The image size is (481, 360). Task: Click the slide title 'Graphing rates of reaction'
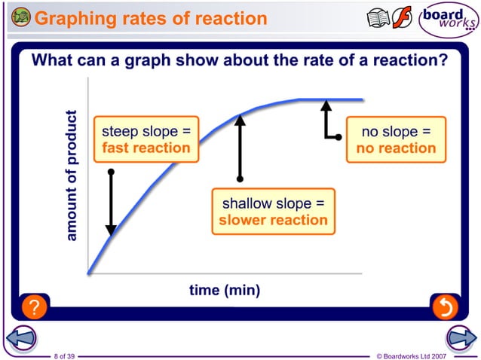[x=151, y=17]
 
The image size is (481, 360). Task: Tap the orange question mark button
[x=34, y=307]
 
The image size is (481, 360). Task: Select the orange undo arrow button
[x=445, y=307]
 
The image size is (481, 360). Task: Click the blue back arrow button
[x=21, y=338]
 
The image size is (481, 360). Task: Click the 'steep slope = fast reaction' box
[x=146, y=140]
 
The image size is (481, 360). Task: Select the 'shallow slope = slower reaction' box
[x=273, y=212]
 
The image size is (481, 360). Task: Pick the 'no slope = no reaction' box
[x=396, y=140]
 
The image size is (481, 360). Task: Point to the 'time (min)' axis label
[x=225, y=290]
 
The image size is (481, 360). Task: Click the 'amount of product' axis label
[x=72, y=176]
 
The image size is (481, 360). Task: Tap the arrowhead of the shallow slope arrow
[x=240, y=118]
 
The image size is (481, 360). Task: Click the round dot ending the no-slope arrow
[x=339, y=136]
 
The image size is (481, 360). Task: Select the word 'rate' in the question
[x=311, y=60]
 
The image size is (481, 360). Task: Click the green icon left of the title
[x=21, y=17]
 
